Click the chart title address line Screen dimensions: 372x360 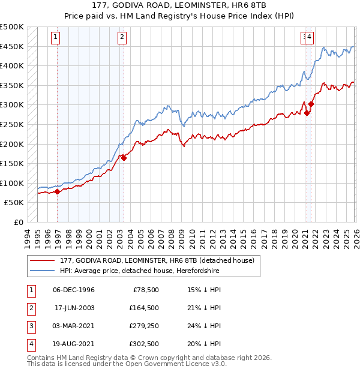click(180, 5)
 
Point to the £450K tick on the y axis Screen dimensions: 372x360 click(12, 47)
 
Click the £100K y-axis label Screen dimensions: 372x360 click(12, 183)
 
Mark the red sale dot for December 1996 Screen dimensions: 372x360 click(58, 191)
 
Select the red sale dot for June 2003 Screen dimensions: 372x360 click(124, 158)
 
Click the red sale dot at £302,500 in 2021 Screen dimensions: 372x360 click(311, 104)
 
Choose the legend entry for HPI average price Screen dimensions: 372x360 click(140, 271)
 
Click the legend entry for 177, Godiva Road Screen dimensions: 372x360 click(157, 260)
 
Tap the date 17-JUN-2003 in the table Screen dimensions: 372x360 click(73, 308)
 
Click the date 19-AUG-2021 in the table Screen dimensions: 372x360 click(73, 344)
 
